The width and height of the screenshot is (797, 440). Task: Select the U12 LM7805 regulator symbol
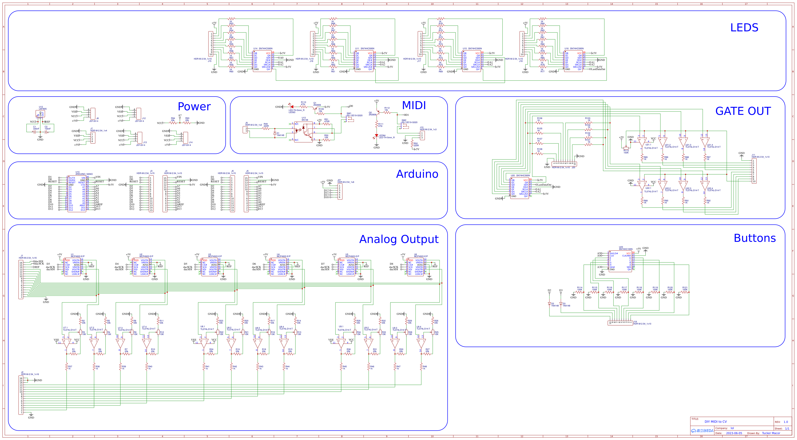pos(40,114)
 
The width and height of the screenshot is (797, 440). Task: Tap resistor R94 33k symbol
pos(173,123)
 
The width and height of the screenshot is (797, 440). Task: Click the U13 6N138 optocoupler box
pos(303,132)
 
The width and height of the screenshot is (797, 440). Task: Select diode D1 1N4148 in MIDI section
pos(275,133)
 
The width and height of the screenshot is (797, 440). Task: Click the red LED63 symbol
pos(292,107)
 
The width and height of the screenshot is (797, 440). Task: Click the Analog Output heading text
pos(399,239)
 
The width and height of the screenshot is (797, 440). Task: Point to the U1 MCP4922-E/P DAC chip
pos(72,267)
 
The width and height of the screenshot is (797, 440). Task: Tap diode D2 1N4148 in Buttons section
pos(549,304)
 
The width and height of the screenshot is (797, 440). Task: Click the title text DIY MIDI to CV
pos(715,421)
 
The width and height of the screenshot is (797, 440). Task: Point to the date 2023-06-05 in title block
pos(734,433)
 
